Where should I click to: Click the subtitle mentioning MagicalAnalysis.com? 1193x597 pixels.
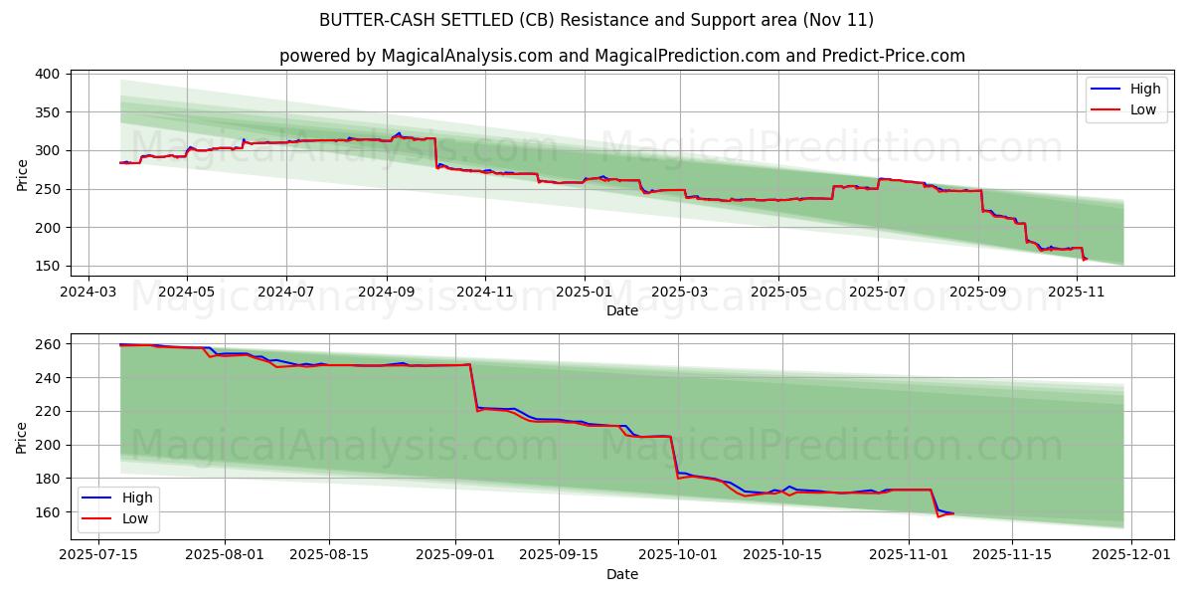tap(622, 56)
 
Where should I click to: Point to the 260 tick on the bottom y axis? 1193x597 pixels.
tap(51, 344)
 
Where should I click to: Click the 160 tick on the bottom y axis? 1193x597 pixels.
tap(51, 512)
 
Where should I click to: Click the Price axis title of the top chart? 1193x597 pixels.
tap(22, 173)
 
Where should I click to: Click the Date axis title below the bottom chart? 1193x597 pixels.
tap(622, 575)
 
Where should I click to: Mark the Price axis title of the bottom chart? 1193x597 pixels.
tap(22, 437)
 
